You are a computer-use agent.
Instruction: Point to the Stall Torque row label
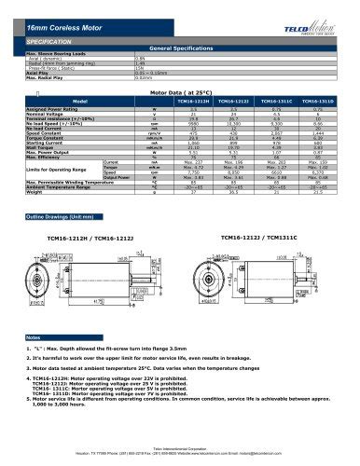click(x=42, y=146)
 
